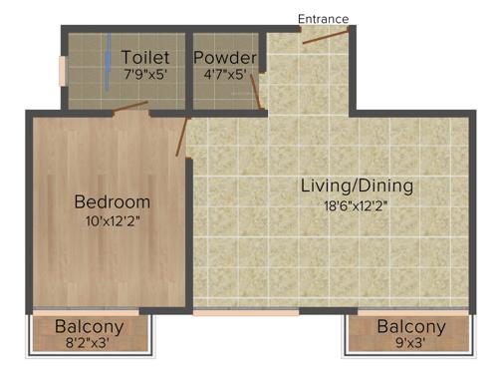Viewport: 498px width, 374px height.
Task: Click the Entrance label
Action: [324, 18]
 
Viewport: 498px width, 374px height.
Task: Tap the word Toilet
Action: [145, 57]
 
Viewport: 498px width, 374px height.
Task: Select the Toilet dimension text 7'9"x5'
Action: [145, 75]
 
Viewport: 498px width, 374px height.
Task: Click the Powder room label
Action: [225, 57]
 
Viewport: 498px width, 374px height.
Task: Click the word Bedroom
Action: [113, 202]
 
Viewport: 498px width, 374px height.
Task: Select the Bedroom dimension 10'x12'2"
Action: [113, 221]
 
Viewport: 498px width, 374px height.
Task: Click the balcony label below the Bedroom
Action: [90, 327]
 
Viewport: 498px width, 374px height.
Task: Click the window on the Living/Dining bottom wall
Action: [246, 312]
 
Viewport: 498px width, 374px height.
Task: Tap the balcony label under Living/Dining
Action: [410, 327]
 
